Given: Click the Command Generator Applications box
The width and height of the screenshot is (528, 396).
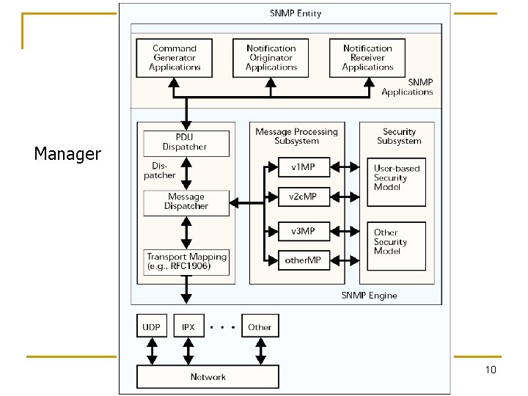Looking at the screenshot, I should (x=175, y=58).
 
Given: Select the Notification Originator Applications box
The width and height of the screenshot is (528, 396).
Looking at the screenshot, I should (x=271, y=58).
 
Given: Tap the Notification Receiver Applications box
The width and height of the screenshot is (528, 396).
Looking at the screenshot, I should (x=367, y=58).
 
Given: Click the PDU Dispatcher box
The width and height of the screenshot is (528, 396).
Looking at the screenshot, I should (x=186, y=142).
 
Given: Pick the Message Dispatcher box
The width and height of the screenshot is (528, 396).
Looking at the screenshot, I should (x=186, y=202).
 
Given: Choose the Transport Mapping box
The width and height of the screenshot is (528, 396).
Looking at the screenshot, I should (x=186, y=262).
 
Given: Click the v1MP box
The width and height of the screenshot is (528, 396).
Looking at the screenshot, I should (x=302, y=167).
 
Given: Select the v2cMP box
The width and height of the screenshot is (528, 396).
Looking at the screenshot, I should (x=302, y=197).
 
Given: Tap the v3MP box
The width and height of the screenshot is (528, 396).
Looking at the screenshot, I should (x=302, y=231).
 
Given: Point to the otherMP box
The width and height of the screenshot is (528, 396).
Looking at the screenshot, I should (x=302, y=260).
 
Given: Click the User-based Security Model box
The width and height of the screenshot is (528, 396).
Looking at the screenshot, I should (x=396, y=178).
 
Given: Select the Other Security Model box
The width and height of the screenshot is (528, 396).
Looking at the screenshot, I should (x=396, y=242).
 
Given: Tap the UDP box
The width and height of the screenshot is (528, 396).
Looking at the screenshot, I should (x=152, y=327).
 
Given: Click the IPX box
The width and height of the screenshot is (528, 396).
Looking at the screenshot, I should (x=188, y=327).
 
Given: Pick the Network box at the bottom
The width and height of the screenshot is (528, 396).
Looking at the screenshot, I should (x=208, y=377).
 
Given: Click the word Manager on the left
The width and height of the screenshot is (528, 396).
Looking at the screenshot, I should (x=67, y=154).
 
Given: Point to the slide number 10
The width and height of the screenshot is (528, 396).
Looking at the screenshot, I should (x=491, y=370).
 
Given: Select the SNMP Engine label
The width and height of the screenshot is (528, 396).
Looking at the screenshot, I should (x=369, y=295).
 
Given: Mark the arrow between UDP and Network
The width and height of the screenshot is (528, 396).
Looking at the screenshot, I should (x=152, y=352).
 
